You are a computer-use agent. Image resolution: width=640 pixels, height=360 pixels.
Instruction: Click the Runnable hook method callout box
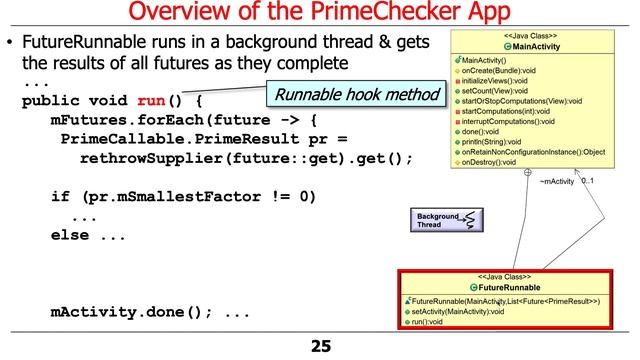pos(358,95)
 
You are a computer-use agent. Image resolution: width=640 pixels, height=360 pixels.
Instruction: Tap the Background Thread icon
pos(444,220)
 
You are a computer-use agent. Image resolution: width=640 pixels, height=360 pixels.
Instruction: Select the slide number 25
pos(320,347)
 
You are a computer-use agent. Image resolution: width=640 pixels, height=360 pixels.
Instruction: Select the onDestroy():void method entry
pos(503,162)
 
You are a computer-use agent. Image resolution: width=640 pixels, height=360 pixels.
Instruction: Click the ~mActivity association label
pos(557,182)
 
